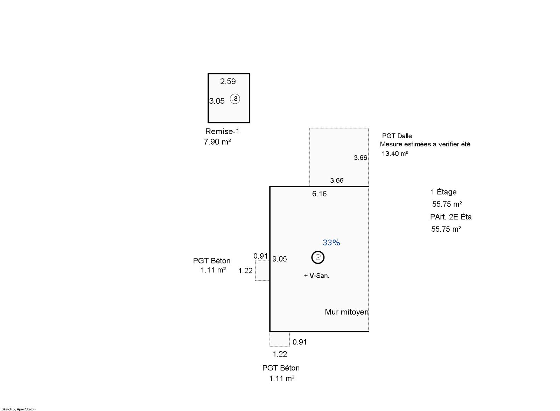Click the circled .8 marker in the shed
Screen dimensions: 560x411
pos(235,99)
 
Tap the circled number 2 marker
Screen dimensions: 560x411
pos(318,257)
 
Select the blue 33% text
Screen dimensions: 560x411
pos(331,243)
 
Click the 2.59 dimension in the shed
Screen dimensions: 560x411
pos(228,81)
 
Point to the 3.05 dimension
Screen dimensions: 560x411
pos(217,101)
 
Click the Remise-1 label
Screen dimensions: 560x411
pos(222,131)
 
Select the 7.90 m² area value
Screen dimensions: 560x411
pos(217,142)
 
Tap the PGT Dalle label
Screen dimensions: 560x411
pos(397,136)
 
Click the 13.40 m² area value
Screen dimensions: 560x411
pos(395,153)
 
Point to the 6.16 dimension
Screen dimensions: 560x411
pos(319,194)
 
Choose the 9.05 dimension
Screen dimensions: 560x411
pos(280,259)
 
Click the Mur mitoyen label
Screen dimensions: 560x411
pos(347,312)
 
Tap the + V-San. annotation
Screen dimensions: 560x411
pos(316,276)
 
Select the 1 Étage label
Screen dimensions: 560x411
pos(443,192)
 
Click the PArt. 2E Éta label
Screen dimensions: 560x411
pos(451,217)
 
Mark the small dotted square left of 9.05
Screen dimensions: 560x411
pos(262,271)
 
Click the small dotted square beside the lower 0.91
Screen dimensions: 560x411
pos(280,339)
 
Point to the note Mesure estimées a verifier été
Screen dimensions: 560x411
pos(425,144)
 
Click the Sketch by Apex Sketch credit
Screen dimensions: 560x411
pos(19,409)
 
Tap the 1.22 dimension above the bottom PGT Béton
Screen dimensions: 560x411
pos(280,354)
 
